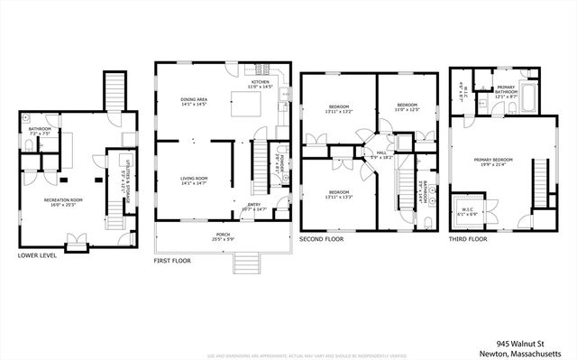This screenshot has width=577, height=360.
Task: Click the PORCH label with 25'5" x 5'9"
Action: tap(223, 238)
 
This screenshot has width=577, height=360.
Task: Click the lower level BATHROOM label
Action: tap(40, 130)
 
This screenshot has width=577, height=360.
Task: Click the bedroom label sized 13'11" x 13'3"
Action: tap(339, 193)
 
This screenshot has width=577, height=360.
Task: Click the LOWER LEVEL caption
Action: tap(37, 255)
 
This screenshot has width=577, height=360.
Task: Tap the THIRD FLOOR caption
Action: tap(468, 240)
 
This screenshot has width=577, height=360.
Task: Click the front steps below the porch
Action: tap(245, 263)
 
